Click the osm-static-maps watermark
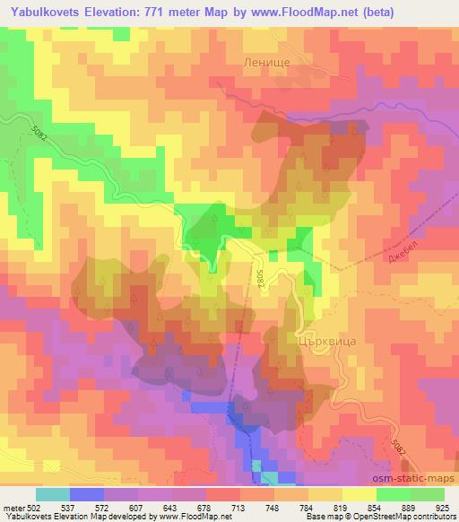click(418, 483)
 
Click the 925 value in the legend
click(442, 508)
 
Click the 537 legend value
click(67, 508)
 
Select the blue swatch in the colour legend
click(85, 494)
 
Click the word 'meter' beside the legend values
click(13, 508)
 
